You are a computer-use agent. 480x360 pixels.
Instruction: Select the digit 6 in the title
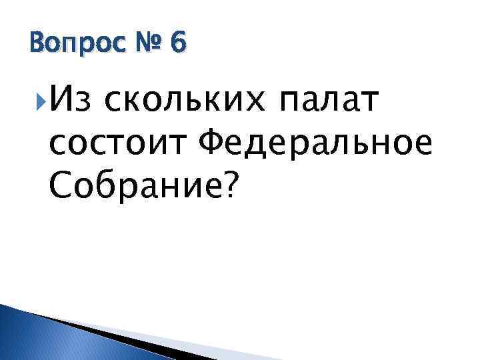[x=178, y=44]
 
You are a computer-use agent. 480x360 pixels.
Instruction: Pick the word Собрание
[x=133, y=184]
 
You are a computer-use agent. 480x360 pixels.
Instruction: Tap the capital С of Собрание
[x=59, y=184]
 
